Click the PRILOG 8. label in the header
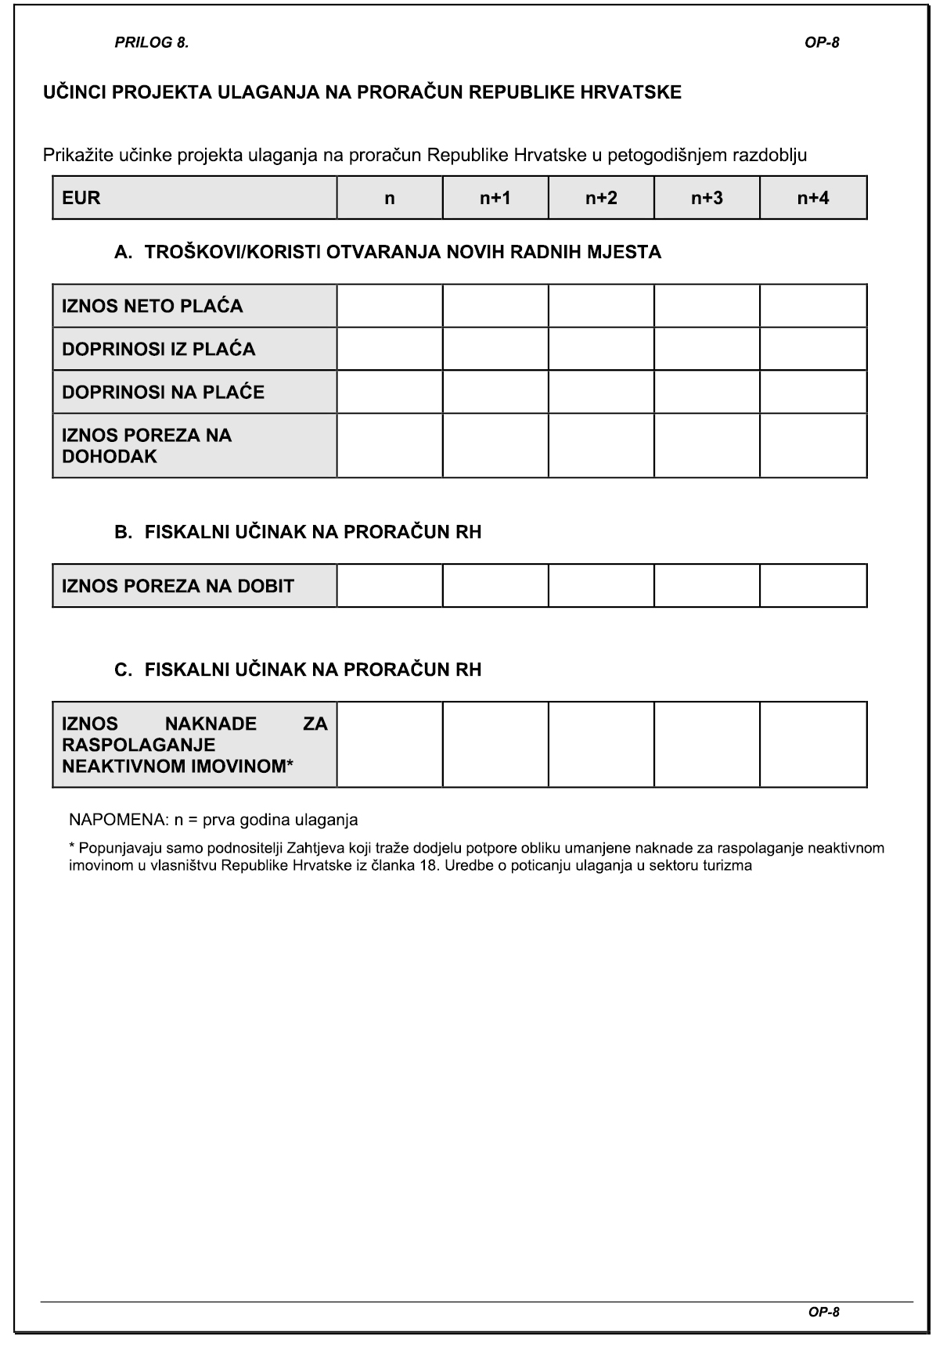pos(151,43)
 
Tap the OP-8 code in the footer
pos(823,1312)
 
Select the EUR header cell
pos(194,198)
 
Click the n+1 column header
pos(495,198)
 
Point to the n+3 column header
pos(707,198)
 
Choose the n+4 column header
pos(813,198)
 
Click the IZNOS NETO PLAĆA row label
pos(153,306)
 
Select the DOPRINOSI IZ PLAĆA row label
pos(159,349)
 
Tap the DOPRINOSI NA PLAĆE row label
pos(164,392)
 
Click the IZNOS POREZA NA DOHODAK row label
pos(147,446)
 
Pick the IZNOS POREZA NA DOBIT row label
pos(178,586)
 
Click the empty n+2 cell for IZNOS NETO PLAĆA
pos(601,306)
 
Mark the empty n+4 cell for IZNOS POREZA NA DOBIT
pos(813,586)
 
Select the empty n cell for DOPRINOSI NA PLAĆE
pos(390,392)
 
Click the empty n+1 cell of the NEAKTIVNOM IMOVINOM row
pos(495,745)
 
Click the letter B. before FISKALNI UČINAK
pos(124,532)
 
